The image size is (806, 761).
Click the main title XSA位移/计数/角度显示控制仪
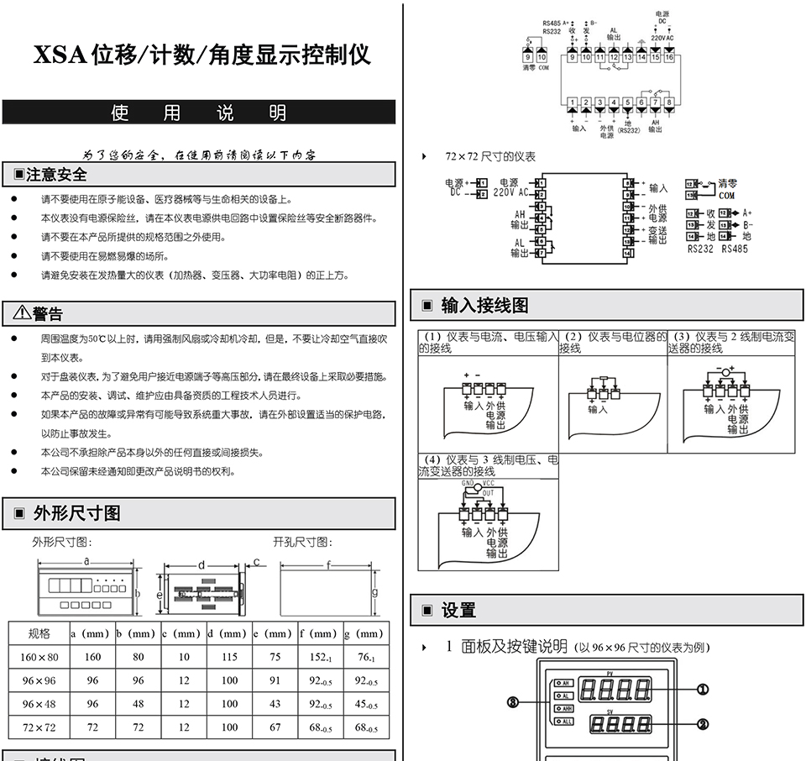click(x=201, y=56)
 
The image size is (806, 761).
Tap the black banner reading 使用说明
click(x=198, y=113)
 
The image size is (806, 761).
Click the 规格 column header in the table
click(x=39, y=633)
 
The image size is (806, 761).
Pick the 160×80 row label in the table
click(x=39, y=657)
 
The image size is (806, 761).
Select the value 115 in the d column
click(x=229, y=657)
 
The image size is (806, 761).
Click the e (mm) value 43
click(x=275, y=704)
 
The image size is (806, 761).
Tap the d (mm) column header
click(x=228, y=633)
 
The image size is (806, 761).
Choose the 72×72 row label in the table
click(x=39, y=727)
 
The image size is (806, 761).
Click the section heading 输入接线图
click(x=484, y=306)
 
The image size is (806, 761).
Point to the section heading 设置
click(x=458, y=611)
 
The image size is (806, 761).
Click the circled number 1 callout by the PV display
click(x=703, y=690)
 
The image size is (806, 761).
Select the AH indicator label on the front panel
click(x=565, y=684)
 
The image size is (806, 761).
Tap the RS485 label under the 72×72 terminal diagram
click(x=735, y=249)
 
